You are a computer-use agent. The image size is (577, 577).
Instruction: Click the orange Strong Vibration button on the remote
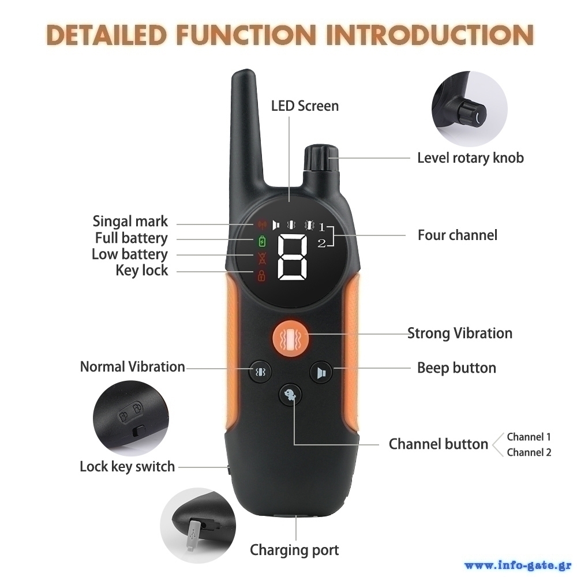coord(291,338)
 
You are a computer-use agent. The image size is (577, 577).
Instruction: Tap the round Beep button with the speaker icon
coord(321,372)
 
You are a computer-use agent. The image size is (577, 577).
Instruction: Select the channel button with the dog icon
coord(290,395)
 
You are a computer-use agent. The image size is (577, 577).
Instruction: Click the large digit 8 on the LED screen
coord(293,257)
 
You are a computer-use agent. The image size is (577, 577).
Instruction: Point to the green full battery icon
coord(261,241)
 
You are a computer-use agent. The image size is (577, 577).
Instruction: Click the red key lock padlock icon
coord(261,275)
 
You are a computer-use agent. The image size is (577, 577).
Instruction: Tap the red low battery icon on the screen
coord(262,258)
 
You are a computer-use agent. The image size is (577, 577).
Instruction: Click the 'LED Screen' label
coord(305,106)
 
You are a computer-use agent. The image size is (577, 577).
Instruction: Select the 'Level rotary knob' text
coord(470,158)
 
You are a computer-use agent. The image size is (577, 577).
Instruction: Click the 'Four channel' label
coord(458,235)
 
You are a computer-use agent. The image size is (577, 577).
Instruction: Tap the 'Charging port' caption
coord(294,550)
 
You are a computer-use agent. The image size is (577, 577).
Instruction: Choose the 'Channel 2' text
coord(529,452)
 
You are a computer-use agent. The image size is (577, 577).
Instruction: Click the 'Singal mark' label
coord(130,222)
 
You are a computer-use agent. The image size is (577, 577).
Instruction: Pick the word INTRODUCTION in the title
coord(429,35)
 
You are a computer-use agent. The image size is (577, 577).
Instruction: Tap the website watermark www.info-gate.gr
coord(519,565)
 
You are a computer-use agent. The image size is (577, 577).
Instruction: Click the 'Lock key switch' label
coord(127,467)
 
